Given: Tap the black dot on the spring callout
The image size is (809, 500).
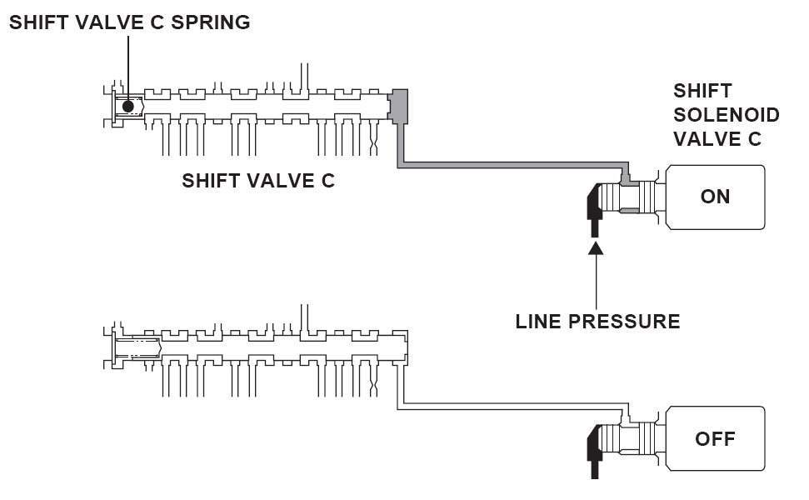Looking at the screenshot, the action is click(128, 107).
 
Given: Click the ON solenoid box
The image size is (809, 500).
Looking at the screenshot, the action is click(715, 197).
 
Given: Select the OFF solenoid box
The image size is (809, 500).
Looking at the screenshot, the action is click(715, 438).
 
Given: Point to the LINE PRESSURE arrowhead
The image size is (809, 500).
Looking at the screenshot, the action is click(596, 248).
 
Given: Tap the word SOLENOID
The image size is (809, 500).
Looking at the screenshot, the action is click(726, 115).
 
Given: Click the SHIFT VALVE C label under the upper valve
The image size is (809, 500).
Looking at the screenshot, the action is click(258, 181).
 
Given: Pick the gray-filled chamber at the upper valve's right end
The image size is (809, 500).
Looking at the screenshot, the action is click(398, 107).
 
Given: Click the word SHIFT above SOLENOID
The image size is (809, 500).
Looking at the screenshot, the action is click(702, 91).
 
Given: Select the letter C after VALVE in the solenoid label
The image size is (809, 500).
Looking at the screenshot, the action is click(754, 139).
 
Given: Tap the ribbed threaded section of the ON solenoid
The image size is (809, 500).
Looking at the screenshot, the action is click(611, 197).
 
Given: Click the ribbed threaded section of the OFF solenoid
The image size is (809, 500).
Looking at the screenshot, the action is click(611, 438).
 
